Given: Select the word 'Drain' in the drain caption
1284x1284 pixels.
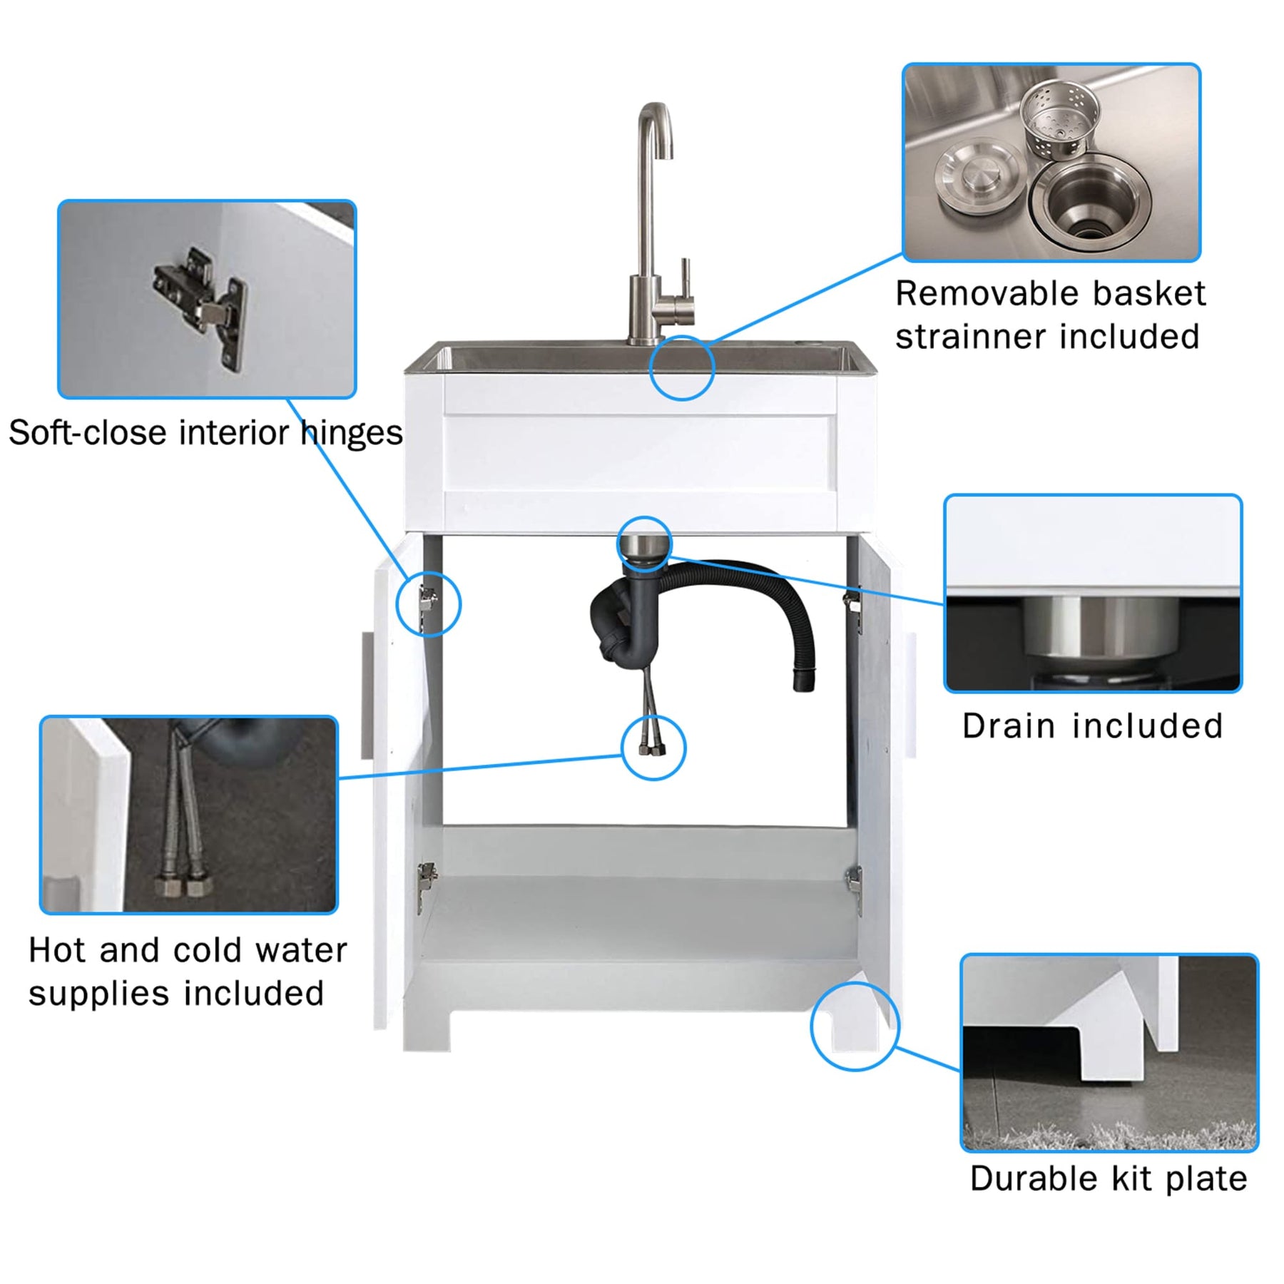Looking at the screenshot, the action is point(1009,726).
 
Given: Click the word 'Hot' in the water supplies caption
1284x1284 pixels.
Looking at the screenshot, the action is point(58,951).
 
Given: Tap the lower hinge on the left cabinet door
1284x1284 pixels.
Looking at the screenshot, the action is point(427,877).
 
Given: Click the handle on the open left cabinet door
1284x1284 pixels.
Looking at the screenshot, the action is point(367,695).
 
